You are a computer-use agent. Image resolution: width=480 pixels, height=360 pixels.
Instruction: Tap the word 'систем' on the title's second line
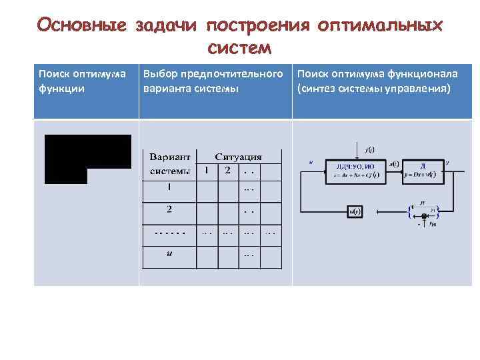239,47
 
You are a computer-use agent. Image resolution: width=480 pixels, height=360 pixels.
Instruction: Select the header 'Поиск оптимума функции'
82,80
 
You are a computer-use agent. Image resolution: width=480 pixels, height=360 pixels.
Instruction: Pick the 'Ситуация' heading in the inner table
238,157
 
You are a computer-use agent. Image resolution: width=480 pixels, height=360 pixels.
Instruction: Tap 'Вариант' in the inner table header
169,157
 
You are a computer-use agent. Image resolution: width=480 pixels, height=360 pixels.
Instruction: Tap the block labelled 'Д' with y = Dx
422,171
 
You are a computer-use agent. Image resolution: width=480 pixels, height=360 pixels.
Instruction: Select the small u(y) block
354,212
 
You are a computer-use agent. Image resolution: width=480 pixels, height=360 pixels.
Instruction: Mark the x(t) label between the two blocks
393,164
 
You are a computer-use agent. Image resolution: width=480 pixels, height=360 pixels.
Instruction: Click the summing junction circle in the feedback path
423,216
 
